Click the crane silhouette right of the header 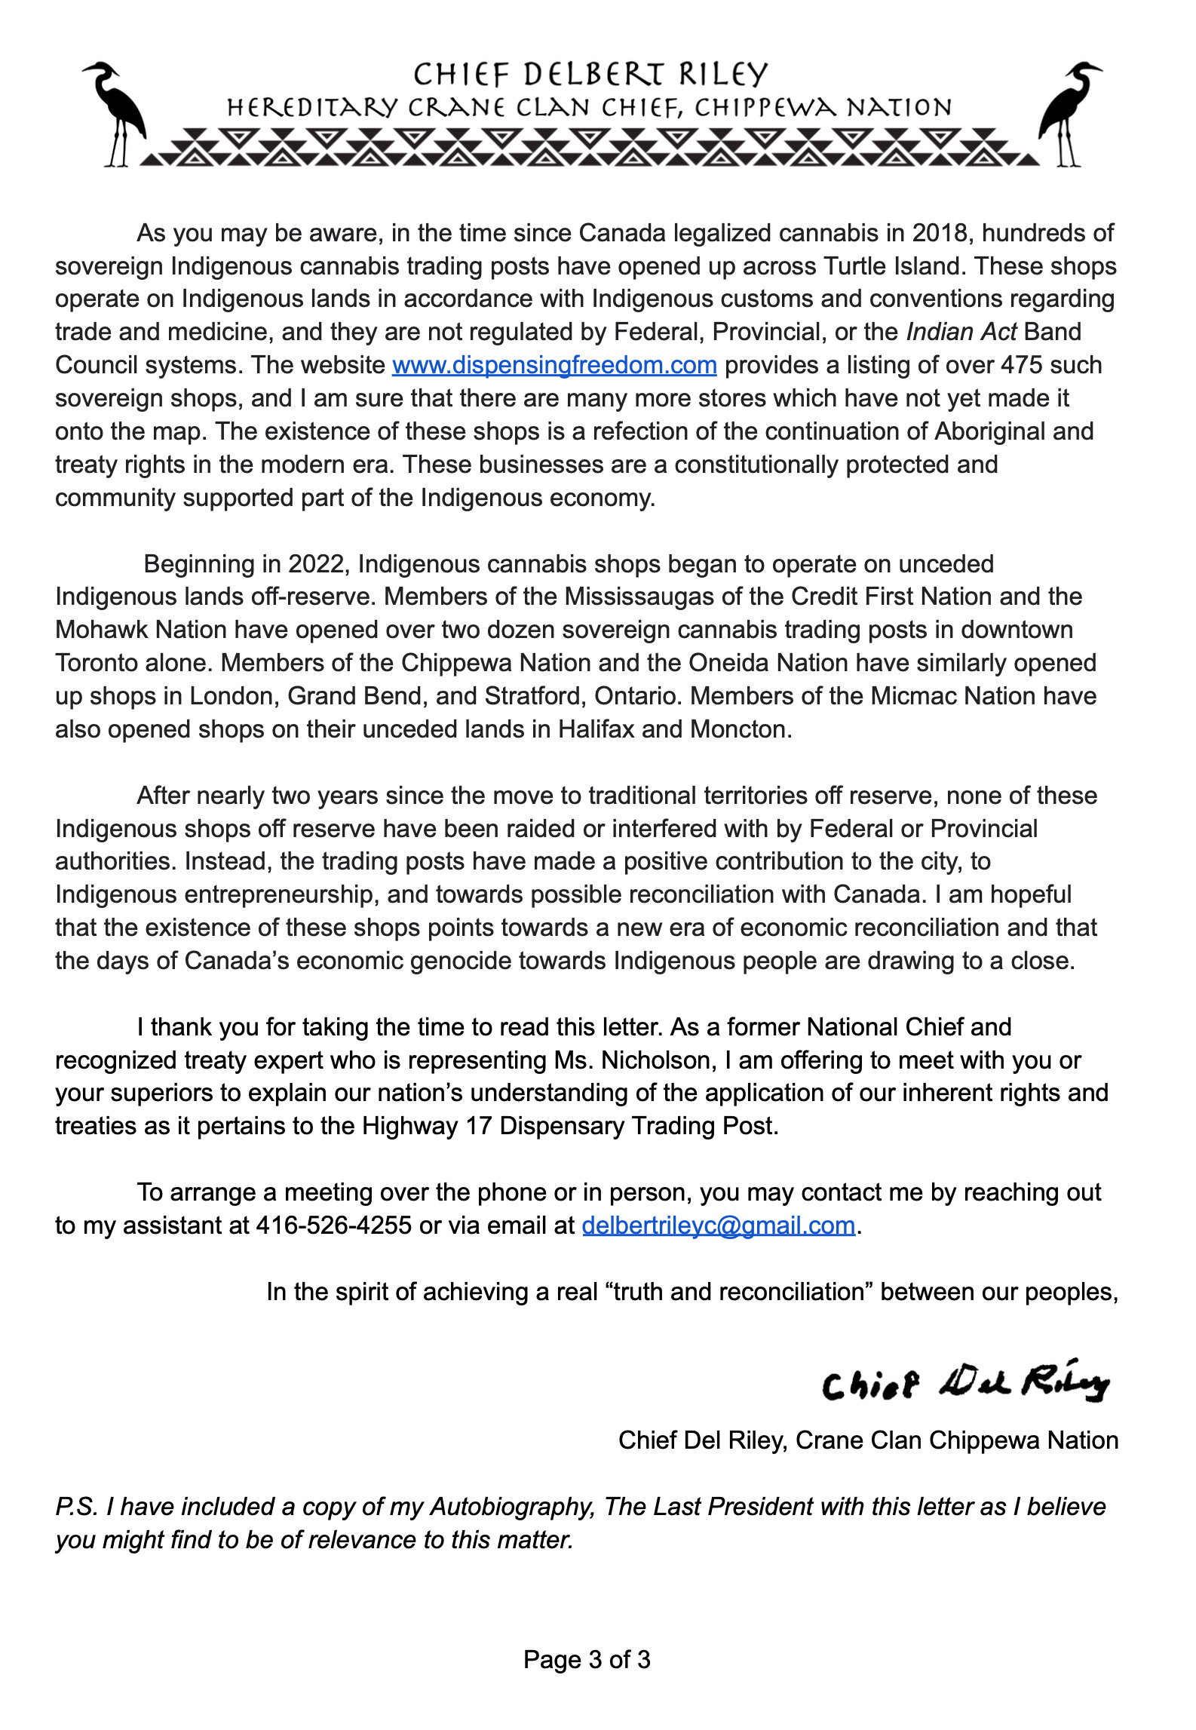click(x=1069, y=113)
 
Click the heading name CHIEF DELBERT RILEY click(x=590, y=75)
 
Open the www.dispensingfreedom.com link click(x=554, y=366)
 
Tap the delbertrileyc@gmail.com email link click(x=719, y=1225)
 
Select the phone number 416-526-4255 click(x=334, y=1225)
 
